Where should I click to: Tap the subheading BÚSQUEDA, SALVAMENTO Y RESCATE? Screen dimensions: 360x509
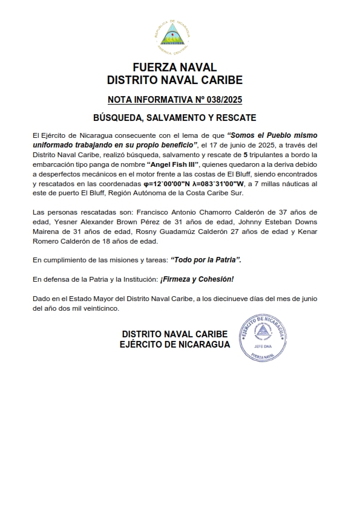pyautogui.click(x=174, y=117)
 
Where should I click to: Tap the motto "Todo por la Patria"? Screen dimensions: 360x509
pyautogui.click(x=206, y=259)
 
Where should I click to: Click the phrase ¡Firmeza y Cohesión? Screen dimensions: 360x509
pyautogui.click(x=197, y=279)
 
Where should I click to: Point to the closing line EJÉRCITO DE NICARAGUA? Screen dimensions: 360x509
pyautogui.click(x=175, y=345)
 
